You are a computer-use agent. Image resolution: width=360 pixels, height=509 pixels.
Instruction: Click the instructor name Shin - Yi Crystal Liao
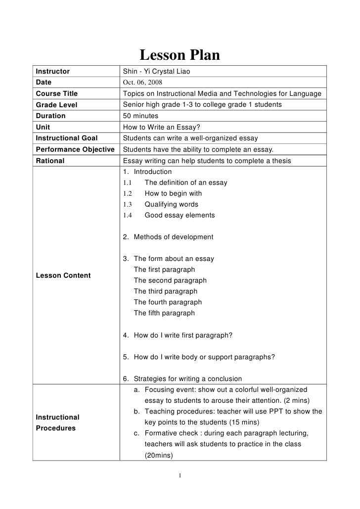[156, 72]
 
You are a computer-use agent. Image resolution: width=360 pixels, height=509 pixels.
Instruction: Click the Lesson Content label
[61, 275]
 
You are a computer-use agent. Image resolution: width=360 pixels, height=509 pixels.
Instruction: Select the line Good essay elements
[180, 215]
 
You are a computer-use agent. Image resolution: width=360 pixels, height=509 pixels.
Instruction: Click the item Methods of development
[173, 237]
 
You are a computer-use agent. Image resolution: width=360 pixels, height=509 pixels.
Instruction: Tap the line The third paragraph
[165, 292]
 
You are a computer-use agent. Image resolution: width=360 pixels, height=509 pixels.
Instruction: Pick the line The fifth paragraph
[164, 313]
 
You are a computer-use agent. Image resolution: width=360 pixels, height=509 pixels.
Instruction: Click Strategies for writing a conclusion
[187, 379]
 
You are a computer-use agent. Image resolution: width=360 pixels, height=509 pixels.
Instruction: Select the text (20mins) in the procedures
[158, 458]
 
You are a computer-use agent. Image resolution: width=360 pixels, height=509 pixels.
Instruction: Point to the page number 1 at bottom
[180, 476]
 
